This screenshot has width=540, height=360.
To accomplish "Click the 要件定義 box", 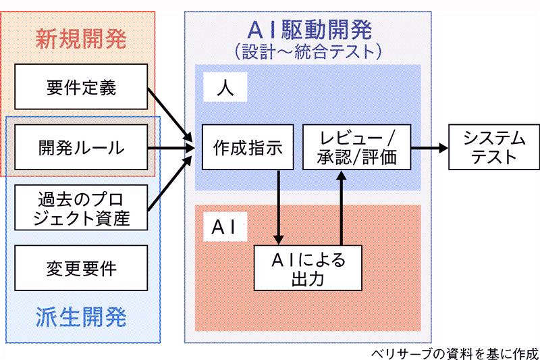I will [x=81, y=88].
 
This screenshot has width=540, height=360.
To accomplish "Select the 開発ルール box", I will [x=81, y=148].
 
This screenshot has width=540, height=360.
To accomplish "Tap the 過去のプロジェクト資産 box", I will [x=81, y=208].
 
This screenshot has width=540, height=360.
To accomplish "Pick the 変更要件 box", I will [x=81, y=268].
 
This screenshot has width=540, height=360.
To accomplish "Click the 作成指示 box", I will [x=243, y=148].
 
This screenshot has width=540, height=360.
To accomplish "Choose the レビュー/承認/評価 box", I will [x=355, y=148].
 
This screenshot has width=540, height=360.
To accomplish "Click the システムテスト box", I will [x=494, y=147].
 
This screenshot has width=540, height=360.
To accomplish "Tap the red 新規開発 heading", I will [x=80, y=38].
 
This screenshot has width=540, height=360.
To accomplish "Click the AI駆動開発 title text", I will [x=308, y=29].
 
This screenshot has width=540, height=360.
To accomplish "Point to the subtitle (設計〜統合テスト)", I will [x=308, y=51].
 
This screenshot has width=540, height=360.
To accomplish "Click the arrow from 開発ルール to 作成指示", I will [x=169, y=148].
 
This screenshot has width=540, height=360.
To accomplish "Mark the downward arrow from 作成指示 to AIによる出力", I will [x=278, y=206].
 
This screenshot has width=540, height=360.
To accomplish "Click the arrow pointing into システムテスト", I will [x=428, y=147].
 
